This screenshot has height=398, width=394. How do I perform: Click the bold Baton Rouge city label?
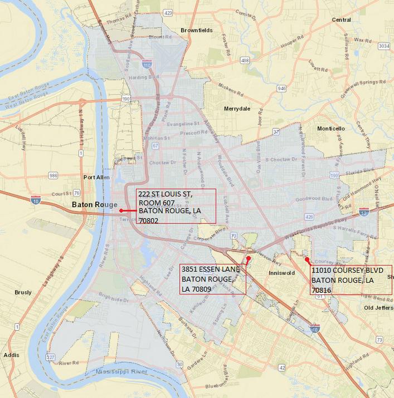(x=94, y=205)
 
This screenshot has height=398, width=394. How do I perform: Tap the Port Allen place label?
(x=95, y=178)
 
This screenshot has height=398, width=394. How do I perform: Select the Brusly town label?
(x=23, y=292)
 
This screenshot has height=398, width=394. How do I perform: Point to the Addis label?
(x=11, y=354)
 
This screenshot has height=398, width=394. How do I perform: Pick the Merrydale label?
(x=237, y=109)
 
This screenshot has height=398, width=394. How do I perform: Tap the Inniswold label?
(x=281, y=273)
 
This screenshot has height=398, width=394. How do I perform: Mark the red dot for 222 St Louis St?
(x=121, y=210)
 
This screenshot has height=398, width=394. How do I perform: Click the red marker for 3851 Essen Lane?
(x=248, y=259)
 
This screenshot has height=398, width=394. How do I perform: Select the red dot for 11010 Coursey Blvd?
(x=307, y=259)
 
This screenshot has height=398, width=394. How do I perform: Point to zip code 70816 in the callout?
(x=322, y=290)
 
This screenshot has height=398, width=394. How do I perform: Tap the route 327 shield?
(x=36, y=357)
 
